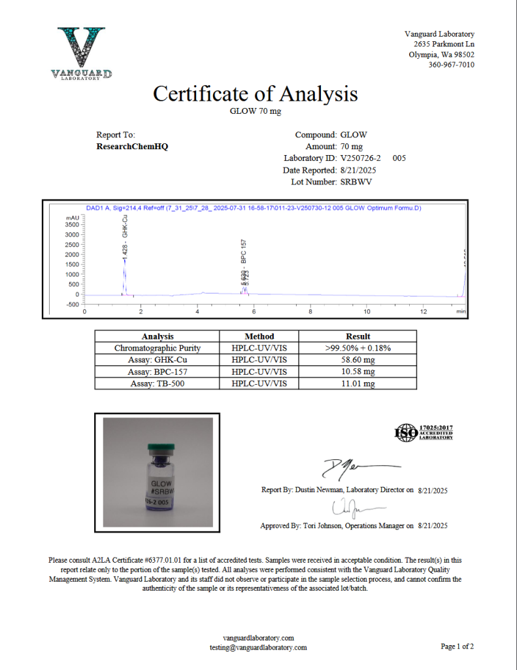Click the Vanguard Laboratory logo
(81, 53)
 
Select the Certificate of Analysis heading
(256, 94)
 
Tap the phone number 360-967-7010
(452, 65)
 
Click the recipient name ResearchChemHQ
(132, 147)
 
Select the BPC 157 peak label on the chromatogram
(243, 252)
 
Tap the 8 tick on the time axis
(310, 311)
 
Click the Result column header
(358, 336)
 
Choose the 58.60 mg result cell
(358, 360)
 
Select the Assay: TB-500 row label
(158, 383)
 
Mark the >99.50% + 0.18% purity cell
(358, 348)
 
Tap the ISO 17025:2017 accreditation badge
(424, 432)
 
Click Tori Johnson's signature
(346, 507)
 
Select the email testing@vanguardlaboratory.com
(258, 647)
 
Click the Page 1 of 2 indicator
(457, 646)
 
